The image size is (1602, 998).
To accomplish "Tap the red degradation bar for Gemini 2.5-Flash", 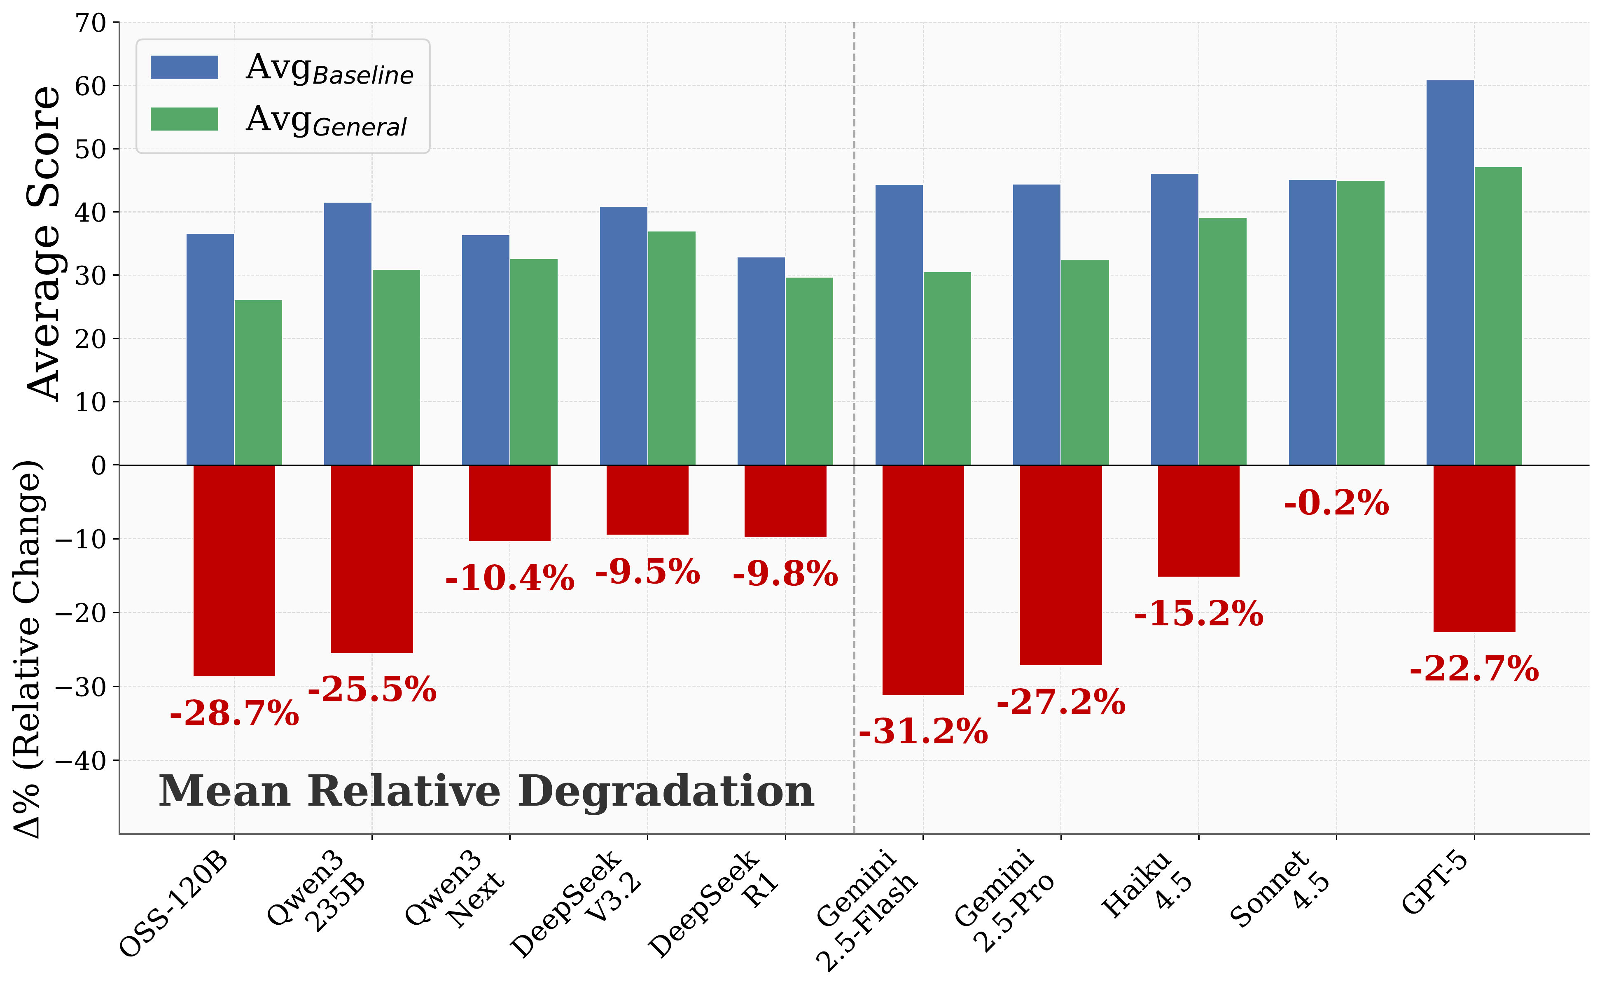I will [922, 580].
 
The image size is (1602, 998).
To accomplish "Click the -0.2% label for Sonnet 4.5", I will [1336, 504].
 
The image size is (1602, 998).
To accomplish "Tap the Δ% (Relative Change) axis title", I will [28, 650].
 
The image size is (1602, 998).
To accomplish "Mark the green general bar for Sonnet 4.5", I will [1360, 323].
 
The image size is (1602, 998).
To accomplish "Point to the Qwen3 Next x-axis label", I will [455, 891].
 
